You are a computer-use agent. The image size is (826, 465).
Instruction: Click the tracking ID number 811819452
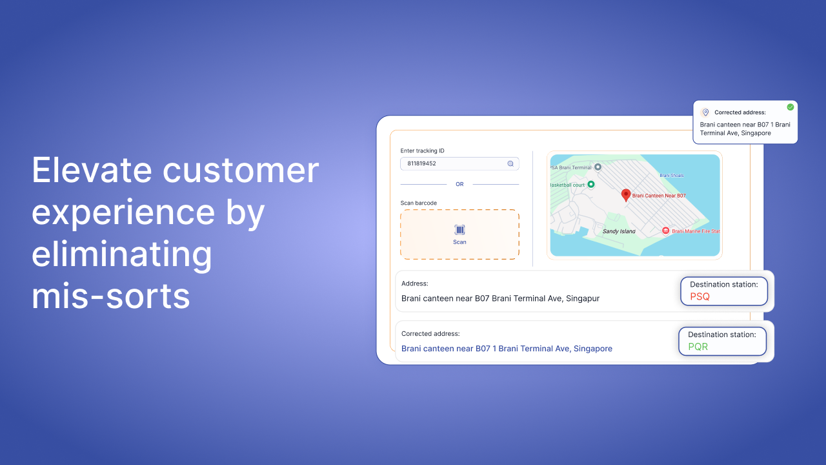coord(421,163)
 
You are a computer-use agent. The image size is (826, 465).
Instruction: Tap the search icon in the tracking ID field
coord(510,163)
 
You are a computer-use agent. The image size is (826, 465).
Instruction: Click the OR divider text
coord(459,184)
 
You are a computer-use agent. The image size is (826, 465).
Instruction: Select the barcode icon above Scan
coord(459,230)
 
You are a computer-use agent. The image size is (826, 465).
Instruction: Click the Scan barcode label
coord(419,203)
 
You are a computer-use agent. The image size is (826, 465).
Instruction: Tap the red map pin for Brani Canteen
coord(626,195)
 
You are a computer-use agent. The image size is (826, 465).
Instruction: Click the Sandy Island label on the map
coord(619,231)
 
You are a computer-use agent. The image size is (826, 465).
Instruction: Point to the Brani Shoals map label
coord(672,175)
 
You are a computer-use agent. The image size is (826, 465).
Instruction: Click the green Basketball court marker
coord(590,184)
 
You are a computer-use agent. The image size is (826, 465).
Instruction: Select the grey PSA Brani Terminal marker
coord(598,167)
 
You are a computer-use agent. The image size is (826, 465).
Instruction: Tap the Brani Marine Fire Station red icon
coord(665,231)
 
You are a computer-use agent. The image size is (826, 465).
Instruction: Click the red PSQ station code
coord(700,296)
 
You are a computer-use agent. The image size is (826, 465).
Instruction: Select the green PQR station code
coord(698,347)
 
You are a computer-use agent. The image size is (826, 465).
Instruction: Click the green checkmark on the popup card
coord(791,107)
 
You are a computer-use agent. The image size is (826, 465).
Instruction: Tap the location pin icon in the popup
coord(705,112)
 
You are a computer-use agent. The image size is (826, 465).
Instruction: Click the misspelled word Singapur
coord(583,298)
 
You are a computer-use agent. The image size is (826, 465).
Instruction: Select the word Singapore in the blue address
coord(593,349)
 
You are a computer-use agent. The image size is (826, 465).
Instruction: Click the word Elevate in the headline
coord(92,170)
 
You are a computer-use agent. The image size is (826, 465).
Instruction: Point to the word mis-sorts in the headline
coord(110,296)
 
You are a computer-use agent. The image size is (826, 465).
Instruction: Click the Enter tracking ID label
coord(422,150)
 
